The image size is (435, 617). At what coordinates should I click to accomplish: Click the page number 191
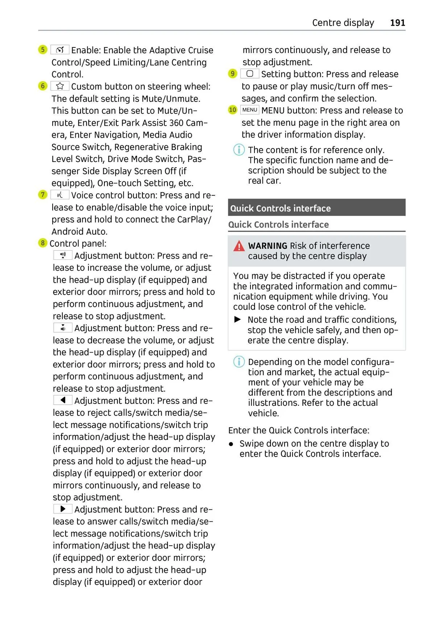(x=397, y=23)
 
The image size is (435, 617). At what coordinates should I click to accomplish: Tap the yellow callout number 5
(x=43, y=50)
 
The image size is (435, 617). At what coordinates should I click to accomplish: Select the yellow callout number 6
(x=43, y=86)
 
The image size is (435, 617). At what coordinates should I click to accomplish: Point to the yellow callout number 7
(x=43, y=195)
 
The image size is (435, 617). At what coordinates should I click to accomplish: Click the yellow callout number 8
(x=43, y=243)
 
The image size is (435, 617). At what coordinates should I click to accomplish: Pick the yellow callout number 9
(x=232, y=74)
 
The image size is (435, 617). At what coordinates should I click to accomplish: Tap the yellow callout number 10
(x=232, y=110)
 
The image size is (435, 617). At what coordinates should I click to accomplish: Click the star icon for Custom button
(x=60, y=86)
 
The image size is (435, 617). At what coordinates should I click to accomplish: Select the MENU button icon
(x=250, y=110)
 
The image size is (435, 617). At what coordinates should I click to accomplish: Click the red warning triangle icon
(x=239, y=246)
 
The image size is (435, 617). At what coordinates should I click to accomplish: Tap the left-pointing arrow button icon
(x=63, y=400)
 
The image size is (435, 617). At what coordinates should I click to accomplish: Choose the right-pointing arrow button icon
(x=63, y=509)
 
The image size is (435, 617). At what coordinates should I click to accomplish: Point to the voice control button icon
(x=60, y=195)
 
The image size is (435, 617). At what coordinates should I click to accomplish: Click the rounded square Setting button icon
(x=250, y=74)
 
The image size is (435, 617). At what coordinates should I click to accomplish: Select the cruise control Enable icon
(x=60, y=50)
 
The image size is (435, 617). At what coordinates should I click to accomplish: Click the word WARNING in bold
(x=268, y=246)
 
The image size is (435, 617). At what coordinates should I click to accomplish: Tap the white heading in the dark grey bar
(x=280, y=208)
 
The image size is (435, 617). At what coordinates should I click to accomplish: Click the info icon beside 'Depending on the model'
(x=239, y=362)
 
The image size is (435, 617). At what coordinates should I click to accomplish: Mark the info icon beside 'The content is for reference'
(x=239, y=150)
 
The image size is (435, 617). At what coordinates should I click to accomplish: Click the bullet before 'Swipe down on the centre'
(x=231, y=444)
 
